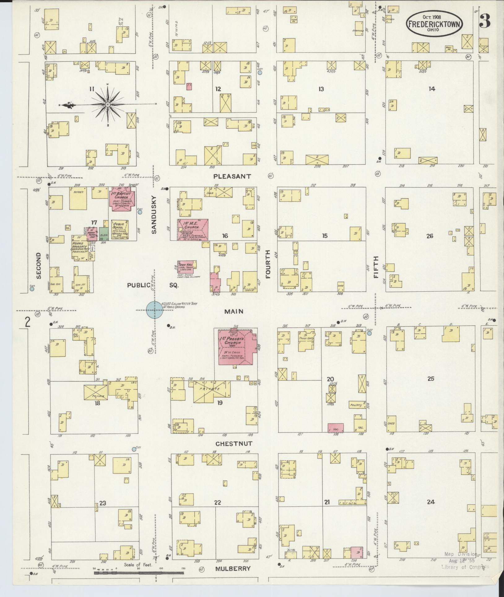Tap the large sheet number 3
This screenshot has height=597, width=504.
tap(485, 21)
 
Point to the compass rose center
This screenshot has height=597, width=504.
tap(107, 105)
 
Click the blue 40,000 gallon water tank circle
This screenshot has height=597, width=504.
tap(154, 310)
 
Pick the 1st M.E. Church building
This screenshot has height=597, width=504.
tap(193, 230)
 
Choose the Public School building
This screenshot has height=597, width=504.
tap(120, 230)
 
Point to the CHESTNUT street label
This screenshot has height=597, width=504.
tap(234, 444)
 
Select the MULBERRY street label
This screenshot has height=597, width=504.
tap(233, 568)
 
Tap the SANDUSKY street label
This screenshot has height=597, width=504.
tap(154, 214)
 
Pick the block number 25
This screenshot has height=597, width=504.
tap(431, 378)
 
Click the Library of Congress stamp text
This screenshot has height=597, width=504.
tap(465, 567)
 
